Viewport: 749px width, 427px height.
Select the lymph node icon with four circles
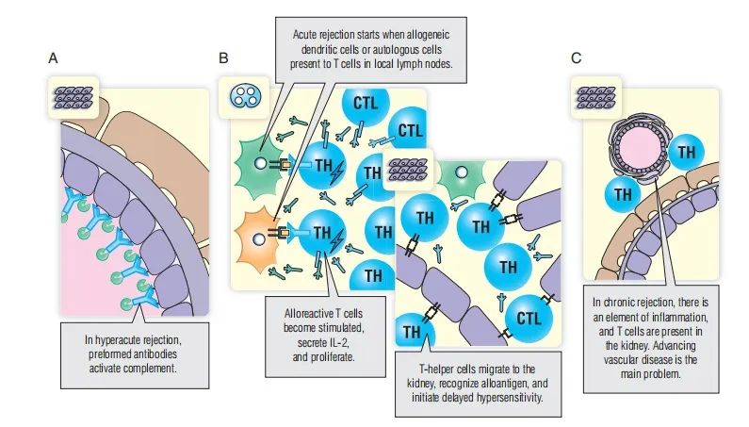tap(237, 96)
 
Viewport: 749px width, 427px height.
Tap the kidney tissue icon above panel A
tap(73, 96)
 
